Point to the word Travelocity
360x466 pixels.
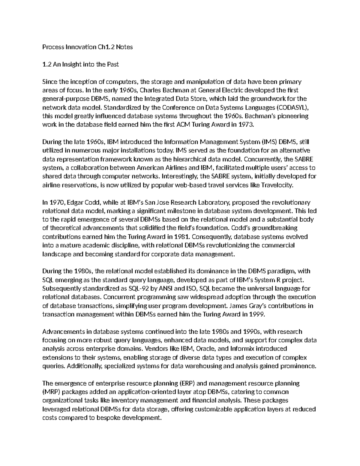277,185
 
